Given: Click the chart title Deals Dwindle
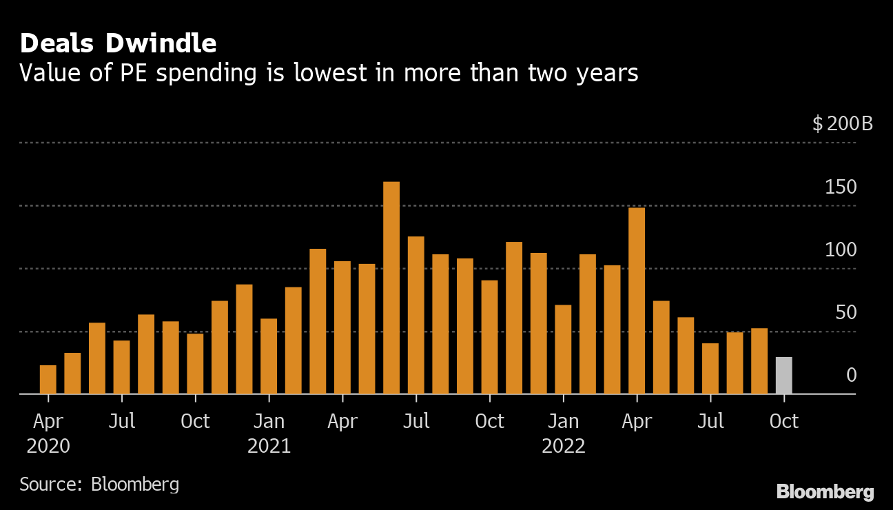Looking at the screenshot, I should coord(118,43).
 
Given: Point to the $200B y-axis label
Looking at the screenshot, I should coord(842,125).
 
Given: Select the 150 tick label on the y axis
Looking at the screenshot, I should coord(841,187).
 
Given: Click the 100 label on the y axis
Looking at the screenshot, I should coord(841,250).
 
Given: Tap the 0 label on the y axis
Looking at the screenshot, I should coord(851,376).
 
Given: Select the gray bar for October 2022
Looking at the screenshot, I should coord(783,376).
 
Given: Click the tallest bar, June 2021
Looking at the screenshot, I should coord(391,288).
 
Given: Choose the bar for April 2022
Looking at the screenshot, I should coord(637,301).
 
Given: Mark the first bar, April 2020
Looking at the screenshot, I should coord(48,380).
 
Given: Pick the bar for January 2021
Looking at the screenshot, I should coord(269,356).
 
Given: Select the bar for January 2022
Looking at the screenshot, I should coord(563,349).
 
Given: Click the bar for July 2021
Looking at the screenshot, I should coord(415,316).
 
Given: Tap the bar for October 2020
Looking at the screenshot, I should coord(195,364).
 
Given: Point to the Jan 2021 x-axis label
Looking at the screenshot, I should coord(269,433).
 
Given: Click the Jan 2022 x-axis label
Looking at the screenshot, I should coord(563,433).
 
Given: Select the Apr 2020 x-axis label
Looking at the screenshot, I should coord(48,433).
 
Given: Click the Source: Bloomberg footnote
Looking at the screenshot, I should coord(99,484).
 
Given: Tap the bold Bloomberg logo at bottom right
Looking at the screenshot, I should coord(825,492).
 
